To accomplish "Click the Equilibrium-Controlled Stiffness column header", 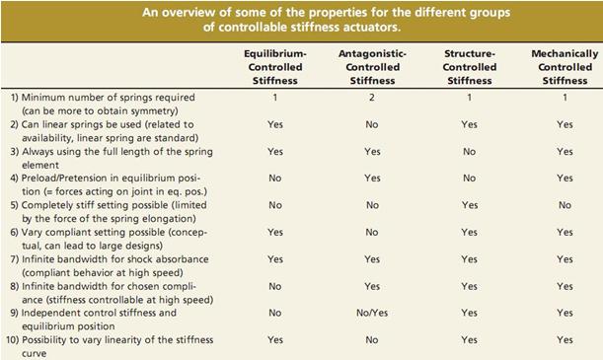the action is pos(275,67).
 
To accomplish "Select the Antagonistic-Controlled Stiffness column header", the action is pos(372,67).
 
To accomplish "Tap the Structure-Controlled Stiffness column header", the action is pos(470,67).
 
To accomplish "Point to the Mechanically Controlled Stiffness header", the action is pos(565,67).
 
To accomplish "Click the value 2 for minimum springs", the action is pos(372,98).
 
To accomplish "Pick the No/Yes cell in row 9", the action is pos(372,313).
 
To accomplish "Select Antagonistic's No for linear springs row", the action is pos(372,124).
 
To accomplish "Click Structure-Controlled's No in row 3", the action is pos(469,151).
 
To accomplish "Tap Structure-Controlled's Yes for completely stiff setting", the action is pos(470,205).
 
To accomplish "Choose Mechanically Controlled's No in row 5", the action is pos(565,205).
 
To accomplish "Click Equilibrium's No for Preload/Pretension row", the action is pos(275,179).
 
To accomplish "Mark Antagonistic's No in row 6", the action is pos(372,232).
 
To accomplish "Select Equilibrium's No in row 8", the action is pos(275,286).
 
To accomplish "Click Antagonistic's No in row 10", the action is pos(372,340).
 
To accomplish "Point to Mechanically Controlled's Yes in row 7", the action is pos(565,259).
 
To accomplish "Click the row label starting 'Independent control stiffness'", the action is pos(100,320).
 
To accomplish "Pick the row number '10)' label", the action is pos(12,340).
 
